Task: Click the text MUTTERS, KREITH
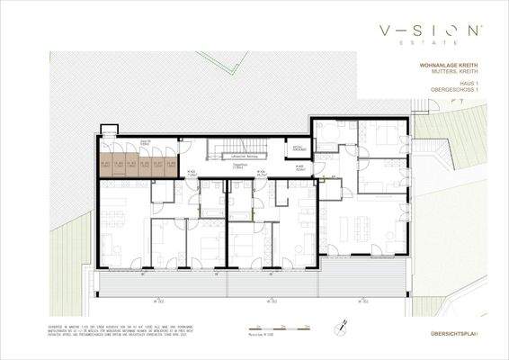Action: pyautogui.click(x=457, y=74)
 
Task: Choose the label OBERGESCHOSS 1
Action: pyautogui.click(x=458, y=91)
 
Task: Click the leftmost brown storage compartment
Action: pyautogui.click(x=106, y=164)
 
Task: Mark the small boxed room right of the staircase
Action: pyautogui.click(x=299, y=149)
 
